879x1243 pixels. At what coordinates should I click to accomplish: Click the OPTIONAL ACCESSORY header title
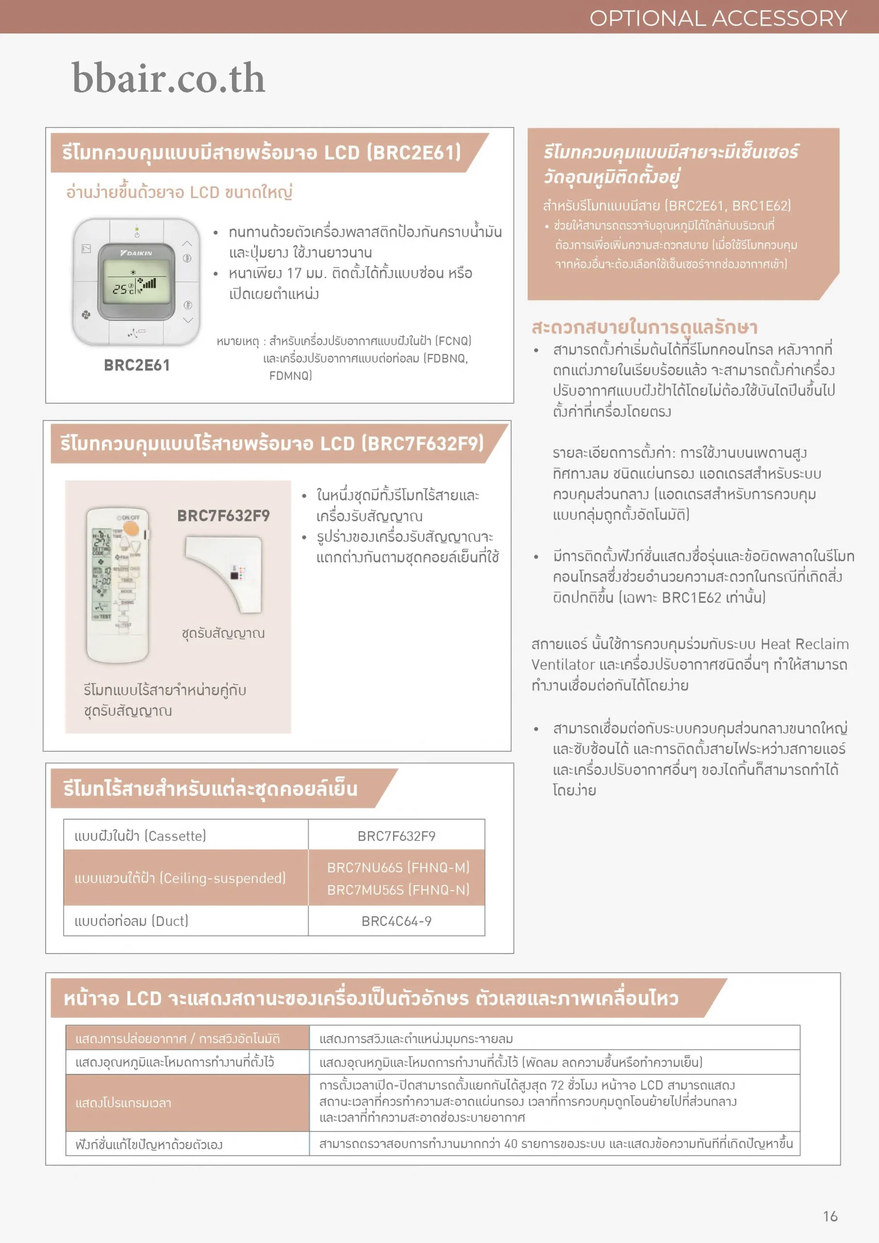click(718, 18)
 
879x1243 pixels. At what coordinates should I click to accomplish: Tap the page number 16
click(830, 1216)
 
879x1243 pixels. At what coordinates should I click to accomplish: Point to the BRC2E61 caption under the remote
click(137, 366)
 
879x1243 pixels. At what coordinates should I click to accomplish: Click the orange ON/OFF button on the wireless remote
click(132, 528)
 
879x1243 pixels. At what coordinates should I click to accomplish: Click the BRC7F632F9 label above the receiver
click(223, 515)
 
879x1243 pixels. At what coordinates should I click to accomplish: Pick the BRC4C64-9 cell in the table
click(396, 921)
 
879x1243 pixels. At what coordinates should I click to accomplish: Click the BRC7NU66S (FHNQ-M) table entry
click(398, 867)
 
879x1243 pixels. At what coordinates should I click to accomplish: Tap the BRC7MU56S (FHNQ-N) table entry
click(398, 890)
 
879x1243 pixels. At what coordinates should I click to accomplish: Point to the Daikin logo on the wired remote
click(136, 253)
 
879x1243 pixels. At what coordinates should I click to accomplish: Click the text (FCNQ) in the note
click(453, 341)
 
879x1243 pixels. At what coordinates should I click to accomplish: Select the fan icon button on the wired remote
click(85, 315)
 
